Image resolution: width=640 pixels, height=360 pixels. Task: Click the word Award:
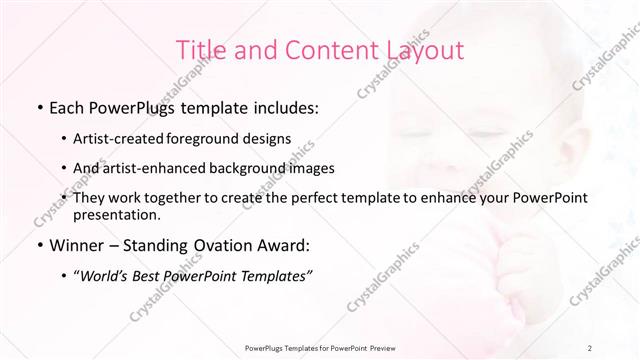pyautogui.click(x=289, y=245)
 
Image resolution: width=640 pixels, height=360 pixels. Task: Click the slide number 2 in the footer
pyautogui.click(x=591, y=348)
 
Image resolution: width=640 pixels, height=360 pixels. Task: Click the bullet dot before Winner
pyautogui.click(x=38, y=246)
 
